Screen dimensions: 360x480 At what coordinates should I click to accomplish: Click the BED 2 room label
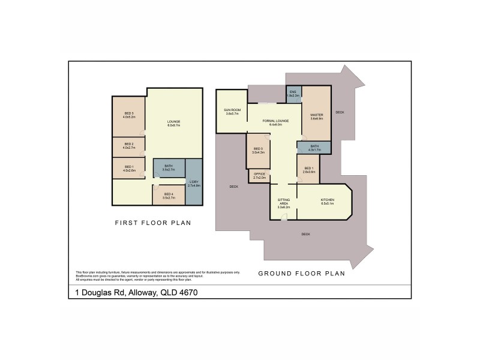(x=129, y=144)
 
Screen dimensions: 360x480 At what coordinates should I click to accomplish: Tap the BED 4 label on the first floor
(x=168, y=193)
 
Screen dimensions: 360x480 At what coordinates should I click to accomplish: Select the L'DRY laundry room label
(x=193, y=182)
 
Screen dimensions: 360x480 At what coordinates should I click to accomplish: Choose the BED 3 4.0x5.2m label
(x=129, y=115)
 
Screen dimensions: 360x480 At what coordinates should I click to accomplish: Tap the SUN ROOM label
(x=232, y=110)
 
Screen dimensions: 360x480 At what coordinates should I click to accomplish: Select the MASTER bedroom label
(x=317, y=116)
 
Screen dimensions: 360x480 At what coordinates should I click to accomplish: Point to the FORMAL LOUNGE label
(x=276, y=121)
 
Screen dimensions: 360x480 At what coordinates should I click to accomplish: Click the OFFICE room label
(x=259, y=175)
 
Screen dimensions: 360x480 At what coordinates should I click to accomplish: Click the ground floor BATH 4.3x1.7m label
(x=314, y=147)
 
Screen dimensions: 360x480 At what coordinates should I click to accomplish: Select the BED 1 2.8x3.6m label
(x=309, y=169)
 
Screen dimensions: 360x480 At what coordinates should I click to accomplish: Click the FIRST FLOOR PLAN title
(x=152, y=223)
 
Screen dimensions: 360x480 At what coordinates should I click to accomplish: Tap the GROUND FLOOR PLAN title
(x=301, y=273)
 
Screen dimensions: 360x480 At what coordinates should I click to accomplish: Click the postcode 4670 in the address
(x=186, y=293)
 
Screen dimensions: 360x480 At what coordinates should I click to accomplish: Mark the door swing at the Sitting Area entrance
(x=286, y=217)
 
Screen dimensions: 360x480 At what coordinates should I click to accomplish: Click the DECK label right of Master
(x=340, y=112)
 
